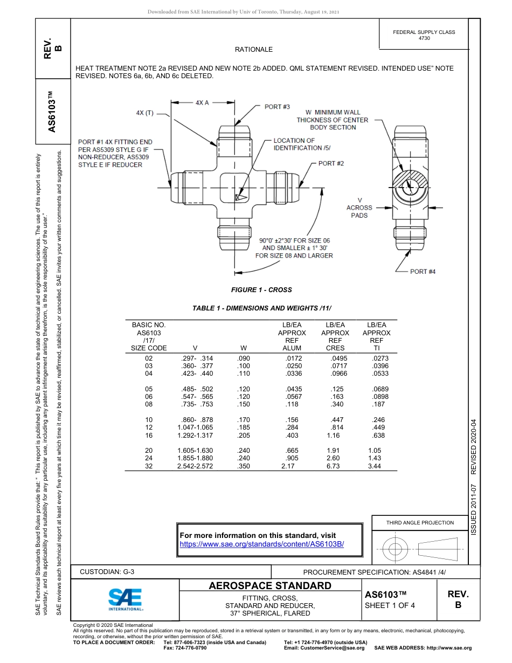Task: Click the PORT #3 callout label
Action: coord(277,107)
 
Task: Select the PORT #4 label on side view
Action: coord(423,271)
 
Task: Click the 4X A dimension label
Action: coord(202,102)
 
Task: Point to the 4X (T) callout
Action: coord(144,113)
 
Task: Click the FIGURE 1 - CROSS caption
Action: coord(261,290)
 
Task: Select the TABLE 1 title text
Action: coord(261,308)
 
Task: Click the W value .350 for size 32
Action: coord(244,466)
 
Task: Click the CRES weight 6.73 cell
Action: coord(333,466)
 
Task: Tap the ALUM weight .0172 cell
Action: coord(294,358)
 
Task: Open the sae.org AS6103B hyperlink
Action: coord(261,544)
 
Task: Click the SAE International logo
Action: coord(126,598)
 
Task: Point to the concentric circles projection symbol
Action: coord(396,550)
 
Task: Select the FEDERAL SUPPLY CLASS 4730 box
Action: coord(424,35)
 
